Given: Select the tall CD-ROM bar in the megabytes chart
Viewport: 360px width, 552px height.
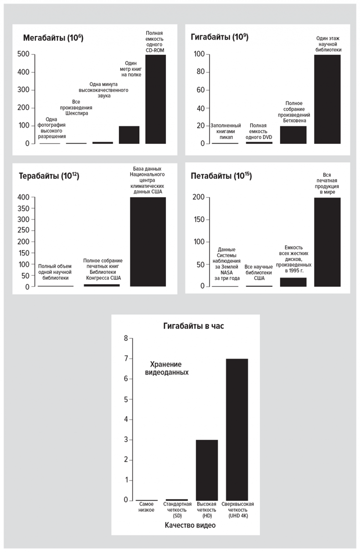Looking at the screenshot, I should pos(155,99).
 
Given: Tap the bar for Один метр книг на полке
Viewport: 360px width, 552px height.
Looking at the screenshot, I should pos(129,135).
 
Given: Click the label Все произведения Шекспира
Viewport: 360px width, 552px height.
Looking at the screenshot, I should pos(80,107).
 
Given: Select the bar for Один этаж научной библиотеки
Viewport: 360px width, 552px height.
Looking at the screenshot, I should pos(327,99).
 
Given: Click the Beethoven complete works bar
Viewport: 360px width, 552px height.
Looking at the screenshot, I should pos(293,135).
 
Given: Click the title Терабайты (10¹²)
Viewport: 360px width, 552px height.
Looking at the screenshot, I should pos(49,176).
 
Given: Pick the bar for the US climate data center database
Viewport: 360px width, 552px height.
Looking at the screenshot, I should pos(148,242).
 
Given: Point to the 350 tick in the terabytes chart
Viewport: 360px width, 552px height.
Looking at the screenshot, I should pos(24,208).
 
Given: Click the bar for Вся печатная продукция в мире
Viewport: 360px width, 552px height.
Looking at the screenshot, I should pos(327,242).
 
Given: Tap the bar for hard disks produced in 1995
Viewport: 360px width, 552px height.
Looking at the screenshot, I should pos(293,282).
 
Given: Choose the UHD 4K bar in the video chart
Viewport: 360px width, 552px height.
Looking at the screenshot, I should pos(237,429).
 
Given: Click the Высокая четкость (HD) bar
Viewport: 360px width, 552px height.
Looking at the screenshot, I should pos(207,470).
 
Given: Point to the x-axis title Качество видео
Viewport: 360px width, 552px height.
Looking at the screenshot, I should pos(190,525).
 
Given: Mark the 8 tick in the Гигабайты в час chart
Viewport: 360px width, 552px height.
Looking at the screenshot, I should pos(126,338).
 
